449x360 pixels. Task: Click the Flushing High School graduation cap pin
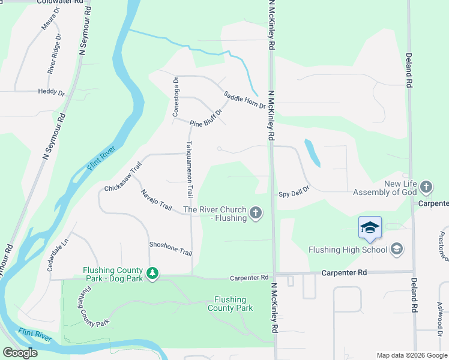[x=370, y=228]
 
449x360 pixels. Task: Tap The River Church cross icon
[x=256, y=213]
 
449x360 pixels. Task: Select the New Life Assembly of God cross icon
[x=426, y=187]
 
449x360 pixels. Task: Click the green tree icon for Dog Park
[x=152, y=274]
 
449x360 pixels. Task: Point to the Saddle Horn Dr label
[x=244, y=100]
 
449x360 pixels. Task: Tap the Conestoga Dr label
[x=176, y=96]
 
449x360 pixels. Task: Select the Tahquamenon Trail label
[x=190, y=170]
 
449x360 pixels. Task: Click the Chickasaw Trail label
[x=122, y=178]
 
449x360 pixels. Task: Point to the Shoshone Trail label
[x=170, y=249]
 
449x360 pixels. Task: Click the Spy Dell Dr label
[x=294, y=193]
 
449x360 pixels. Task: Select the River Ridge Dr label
[x=55, y=53]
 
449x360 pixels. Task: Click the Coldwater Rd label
[x=59, y=2]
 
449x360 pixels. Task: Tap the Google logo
[x=20, y=353]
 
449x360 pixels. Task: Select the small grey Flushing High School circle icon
[x=396, y=248]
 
